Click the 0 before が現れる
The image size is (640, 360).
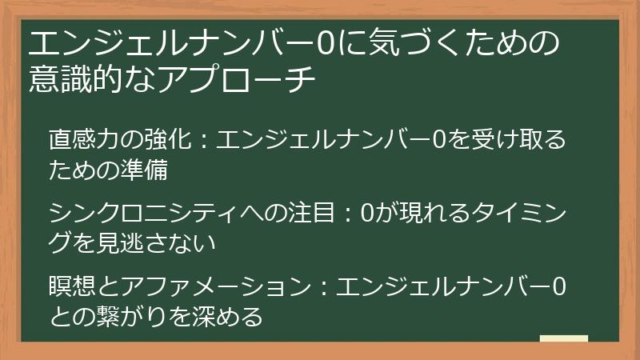367,211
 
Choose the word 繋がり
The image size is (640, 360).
133,316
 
